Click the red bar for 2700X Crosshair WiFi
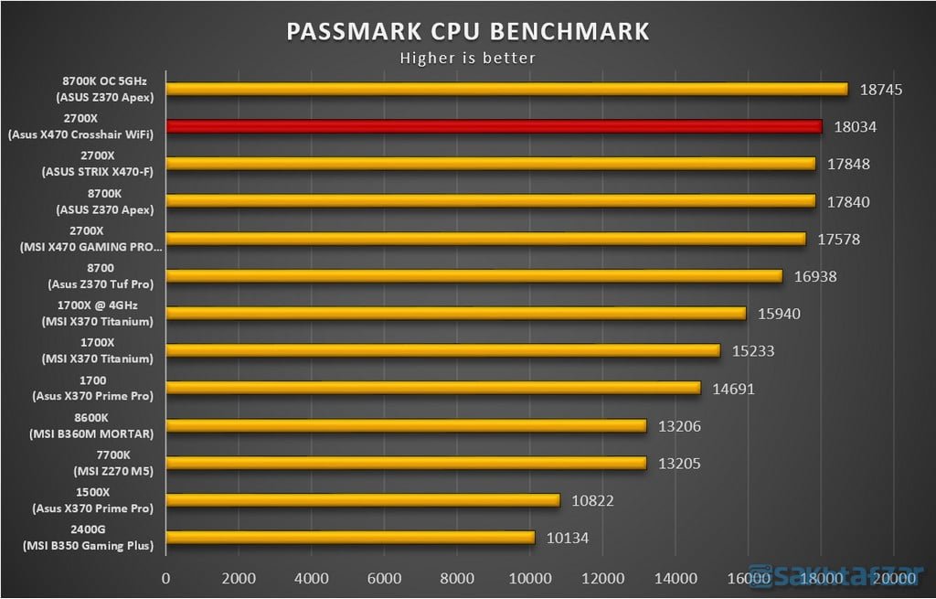(x=494, y=126)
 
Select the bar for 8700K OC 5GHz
(x=506, y=89)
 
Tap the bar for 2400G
(x=349, y=538)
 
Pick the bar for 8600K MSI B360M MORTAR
(x=406, y=425)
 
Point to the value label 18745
(x=881, y=90)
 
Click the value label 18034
(x=856, y=127)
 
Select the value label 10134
(x=568, y=538)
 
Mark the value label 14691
(x=734, y=389)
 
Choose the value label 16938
(x=816, y=276)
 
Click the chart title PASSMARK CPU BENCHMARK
(x=468, y=31)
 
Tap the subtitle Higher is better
(x=468, y=58)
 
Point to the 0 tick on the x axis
(x=165, y=578)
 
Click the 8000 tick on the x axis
(x=456, y=578)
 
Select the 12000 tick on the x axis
(x=601, y=578)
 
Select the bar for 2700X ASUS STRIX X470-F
(x=490, y=164)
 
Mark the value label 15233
(x=754, y=351)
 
